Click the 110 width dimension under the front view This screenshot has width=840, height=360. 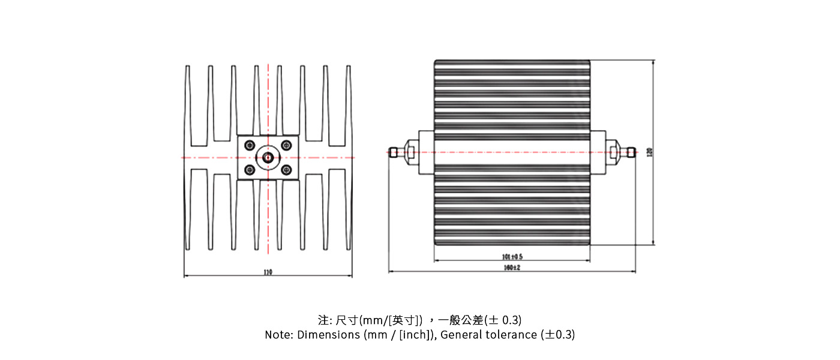click(268, 272)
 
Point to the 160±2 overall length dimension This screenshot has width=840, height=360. click(512, 268)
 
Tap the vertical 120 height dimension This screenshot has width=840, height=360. click(649, 152)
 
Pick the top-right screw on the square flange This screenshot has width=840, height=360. click(286, 145)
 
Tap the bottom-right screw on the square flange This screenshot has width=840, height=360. click(286, 170)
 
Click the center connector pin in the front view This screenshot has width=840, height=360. click(268, 158)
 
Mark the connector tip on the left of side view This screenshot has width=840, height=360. click(392, 152)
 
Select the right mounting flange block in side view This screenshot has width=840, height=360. click(598, 152)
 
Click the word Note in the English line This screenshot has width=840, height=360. click(278, 335)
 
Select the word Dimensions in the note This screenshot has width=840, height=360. click(328, 335)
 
